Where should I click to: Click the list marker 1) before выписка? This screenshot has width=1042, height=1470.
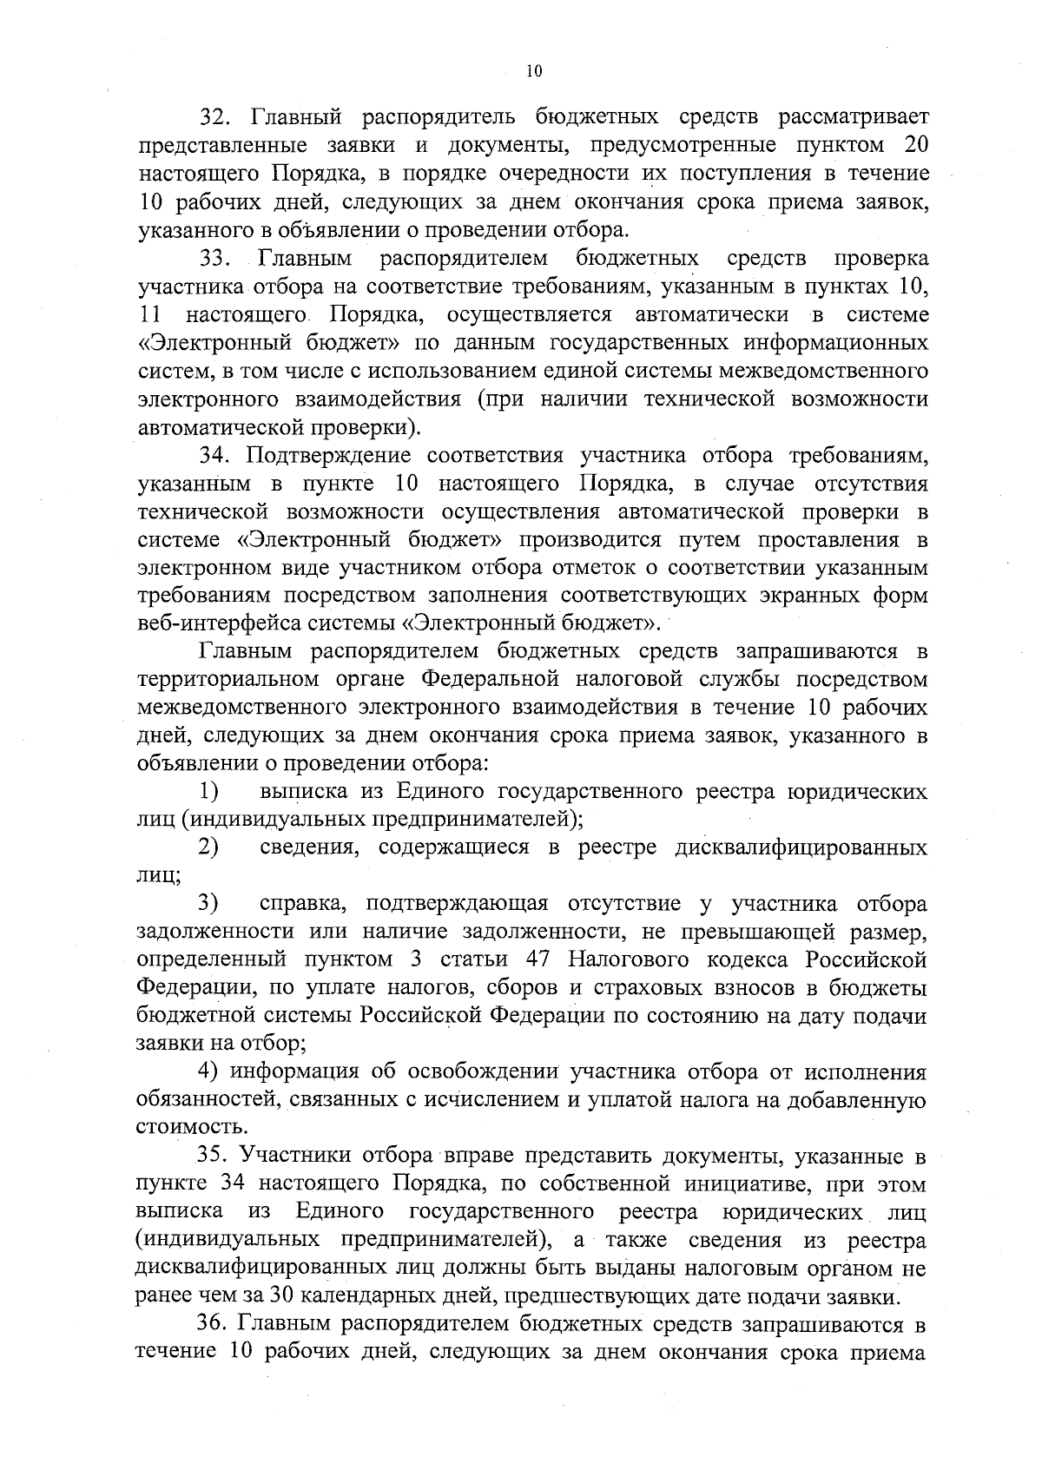pyautogui.click(x=208, y=791)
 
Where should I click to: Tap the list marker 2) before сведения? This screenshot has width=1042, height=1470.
pyautogui.click(x=208, y=847)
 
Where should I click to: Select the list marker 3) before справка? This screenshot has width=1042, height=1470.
pyautogui.click(x=208, y=904)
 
